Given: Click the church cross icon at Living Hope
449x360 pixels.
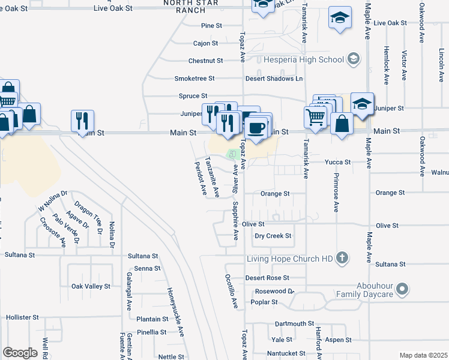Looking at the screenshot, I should [x=342, y=258].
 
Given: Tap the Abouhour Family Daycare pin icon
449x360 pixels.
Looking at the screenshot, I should [x=403, y=290].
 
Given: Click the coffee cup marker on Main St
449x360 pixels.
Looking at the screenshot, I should [x=257, y=128].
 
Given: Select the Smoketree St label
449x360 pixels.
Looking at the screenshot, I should [x=199, y=79].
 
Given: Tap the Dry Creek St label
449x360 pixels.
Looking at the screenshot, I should [x=273, y=236].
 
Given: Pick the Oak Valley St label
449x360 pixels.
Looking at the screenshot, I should [x=91, y=286].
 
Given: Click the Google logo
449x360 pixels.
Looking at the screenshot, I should [x=20, y=353].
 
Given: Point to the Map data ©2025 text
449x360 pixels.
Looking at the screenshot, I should [x=423, y=355].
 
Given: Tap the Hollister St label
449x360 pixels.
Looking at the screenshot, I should [x=22, y=317].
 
